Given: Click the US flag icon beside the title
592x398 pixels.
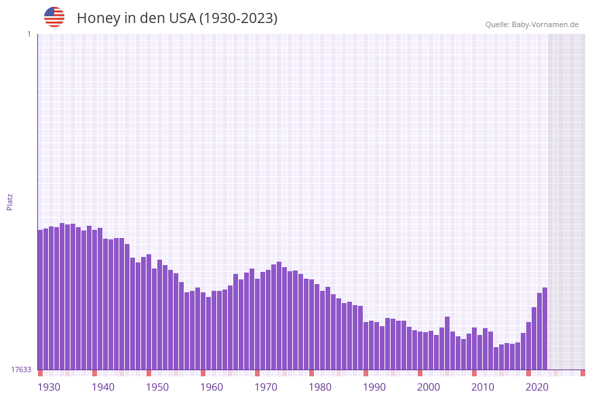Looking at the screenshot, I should (54, 17).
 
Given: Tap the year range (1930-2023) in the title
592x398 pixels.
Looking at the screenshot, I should (238, 18).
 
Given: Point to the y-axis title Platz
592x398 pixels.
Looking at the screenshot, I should (9, 201).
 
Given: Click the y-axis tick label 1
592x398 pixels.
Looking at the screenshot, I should (28, 34).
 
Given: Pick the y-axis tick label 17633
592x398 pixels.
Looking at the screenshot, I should (21, 370).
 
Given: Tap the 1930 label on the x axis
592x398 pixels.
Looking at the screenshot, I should (48, 387).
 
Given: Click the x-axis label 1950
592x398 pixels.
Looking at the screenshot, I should (157, 387).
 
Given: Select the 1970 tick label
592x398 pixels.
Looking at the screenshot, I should (265, 387).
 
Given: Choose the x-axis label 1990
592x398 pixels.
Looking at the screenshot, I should (374, 387).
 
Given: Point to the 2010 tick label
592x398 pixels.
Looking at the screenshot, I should (482, 387).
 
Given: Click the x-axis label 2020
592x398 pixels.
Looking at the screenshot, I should (536, 387).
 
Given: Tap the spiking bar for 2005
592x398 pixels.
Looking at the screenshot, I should (447, 343).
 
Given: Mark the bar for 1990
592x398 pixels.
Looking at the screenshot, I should (366, 346).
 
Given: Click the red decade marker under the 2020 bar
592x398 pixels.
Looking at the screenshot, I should (528, 373).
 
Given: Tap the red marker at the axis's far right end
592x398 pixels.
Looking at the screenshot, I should (583, 373).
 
